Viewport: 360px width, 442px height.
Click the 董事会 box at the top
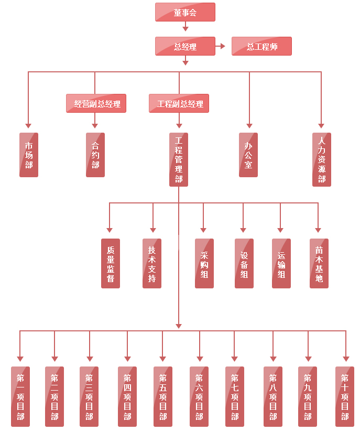point(185,12)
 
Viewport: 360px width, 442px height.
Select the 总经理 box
point(185,46)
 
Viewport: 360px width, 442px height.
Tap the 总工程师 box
point(261,46)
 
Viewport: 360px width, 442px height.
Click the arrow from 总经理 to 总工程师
point(221,46)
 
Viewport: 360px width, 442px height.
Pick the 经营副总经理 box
point(96,103)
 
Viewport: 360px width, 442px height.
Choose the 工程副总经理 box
point(179,103)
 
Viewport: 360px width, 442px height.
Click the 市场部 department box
point(29,155)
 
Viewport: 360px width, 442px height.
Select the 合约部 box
point(95,155)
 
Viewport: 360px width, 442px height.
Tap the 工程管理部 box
point(179,159)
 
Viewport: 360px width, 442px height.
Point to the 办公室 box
point(248,155)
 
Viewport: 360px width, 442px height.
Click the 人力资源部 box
point(322,159)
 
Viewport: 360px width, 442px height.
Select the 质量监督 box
point(111,263)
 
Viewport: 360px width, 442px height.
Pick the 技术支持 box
point(152,263)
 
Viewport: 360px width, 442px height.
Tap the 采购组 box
point(204,263)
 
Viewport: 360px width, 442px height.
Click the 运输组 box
point(281,263)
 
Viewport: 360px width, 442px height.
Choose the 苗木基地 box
point(319,263)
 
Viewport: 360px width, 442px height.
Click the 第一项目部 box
point(20,396)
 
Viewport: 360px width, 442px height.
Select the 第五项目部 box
point(163,396)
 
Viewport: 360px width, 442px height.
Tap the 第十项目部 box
point(345,396)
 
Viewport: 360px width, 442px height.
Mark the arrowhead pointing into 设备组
point(243,230)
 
